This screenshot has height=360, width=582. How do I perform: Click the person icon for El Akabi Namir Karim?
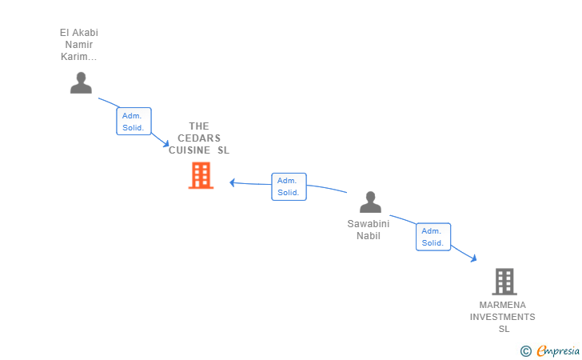point(81,83)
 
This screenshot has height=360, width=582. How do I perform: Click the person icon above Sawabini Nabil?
point(370,202)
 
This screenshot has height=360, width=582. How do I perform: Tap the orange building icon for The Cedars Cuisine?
point(200,175)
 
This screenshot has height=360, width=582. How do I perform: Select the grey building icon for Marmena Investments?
point(504,281)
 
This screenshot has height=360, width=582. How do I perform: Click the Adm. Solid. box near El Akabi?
point(133,122)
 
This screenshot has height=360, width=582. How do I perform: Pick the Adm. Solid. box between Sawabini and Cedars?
point(288,186)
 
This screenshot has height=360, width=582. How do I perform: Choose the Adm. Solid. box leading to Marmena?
point(433,237)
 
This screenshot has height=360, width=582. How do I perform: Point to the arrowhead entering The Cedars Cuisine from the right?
point(233,182)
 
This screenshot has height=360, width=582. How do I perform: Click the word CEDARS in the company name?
point(199,138)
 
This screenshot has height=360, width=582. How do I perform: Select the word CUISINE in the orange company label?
point(190,150)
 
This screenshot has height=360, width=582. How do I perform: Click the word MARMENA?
point(503,305)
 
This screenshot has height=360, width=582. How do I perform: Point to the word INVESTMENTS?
point(503,317)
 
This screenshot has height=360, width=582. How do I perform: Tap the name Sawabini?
point(368,224)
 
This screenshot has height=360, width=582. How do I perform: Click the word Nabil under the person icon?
point(368,236)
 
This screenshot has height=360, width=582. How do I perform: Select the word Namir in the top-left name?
point(78,45)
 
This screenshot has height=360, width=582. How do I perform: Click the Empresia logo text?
point(557,350)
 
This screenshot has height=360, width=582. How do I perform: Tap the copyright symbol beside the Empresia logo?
point(525,350)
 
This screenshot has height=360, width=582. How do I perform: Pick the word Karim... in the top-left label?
point(78,57)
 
